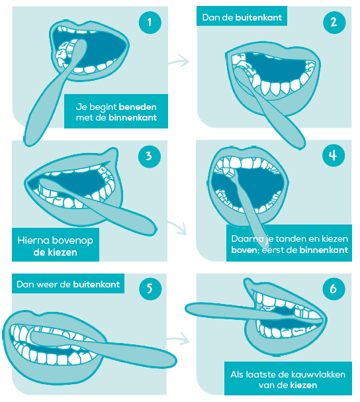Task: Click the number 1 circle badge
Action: [150, 23]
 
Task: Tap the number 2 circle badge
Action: [334, 23]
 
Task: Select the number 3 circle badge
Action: [150, 156]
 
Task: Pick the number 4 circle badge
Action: [334, 156]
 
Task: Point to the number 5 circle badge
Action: [150, 289]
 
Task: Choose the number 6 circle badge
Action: [334, 289]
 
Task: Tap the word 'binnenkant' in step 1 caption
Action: [133, 118]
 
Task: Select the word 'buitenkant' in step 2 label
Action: [259, 17]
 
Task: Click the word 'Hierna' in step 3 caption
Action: [33, 240]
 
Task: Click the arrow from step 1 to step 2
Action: [179, 61]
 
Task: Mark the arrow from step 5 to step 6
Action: [178, 339]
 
